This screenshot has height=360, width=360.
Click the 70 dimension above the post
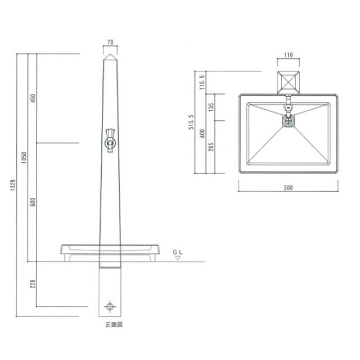point(110,42)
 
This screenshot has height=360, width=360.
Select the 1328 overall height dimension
point(13,185)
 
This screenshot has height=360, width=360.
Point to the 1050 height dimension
point(24,157)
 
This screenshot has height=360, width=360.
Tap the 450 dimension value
point(33,98)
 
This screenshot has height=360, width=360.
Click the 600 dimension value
point(33,202)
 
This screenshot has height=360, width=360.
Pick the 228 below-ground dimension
point(33,283)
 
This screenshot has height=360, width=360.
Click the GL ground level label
point(178,253)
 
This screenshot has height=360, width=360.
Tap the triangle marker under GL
point(178,258)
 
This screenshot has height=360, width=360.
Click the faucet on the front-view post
point(110,141)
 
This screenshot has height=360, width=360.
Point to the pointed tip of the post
point(110,54)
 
